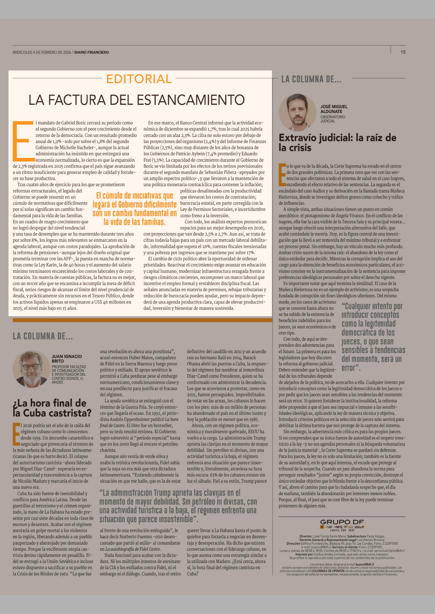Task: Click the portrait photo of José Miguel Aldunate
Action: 297,112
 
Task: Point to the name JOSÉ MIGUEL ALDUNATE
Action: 334,109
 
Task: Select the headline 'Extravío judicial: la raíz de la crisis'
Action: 337,143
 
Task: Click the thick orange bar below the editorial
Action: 142,320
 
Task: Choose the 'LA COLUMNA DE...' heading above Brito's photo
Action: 43,336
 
